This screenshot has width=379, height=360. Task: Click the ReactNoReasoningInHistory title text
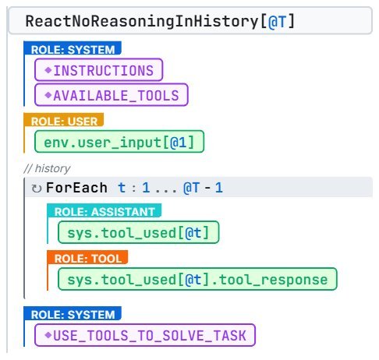click(143, 21)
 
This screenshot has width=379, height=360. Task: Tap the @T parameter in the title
click(278, 22)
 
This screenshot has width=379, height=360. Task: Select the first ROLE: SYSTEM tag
click(73, 48)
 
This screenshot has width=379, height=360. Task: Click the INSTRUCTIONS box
click(99, 70)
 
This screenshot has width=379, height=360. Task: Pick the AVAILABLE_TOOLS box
click(112, 95)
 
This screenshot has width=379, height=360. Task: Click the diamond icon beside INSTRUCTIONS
click(48, 70)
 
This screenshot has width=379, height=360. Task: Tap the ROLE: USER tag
click(64, 120)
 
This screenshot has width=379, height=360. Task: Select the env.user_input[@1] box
click(119, 142)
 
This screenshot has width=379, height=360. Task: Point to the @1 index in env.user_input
click(179, 143)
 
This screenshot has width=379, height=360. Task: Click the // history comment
click(47, 168)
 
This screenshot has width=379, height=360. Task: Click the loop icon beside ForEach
click(37, 189)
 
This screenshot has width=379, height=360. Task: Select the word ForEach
click(76, 188)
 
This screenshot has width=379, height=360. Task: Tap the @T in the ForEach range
click(192, 188)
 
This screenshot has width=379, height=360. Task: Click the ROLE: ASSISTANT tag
click(104, 210)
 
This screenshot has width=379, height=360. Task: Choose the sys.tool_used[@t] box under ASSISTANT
click(139, 232)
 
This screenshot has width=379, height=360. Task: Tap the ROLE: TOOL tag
click(87, 257)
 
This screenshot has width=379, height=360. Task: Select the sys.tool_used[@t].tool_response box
click(197, 279)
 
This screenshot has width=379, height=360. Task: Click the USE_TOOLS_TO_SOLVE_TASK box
click(145, 335)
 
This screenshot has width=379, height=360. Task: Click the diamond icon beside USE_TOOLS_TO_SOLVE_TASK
click(48, 335)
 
